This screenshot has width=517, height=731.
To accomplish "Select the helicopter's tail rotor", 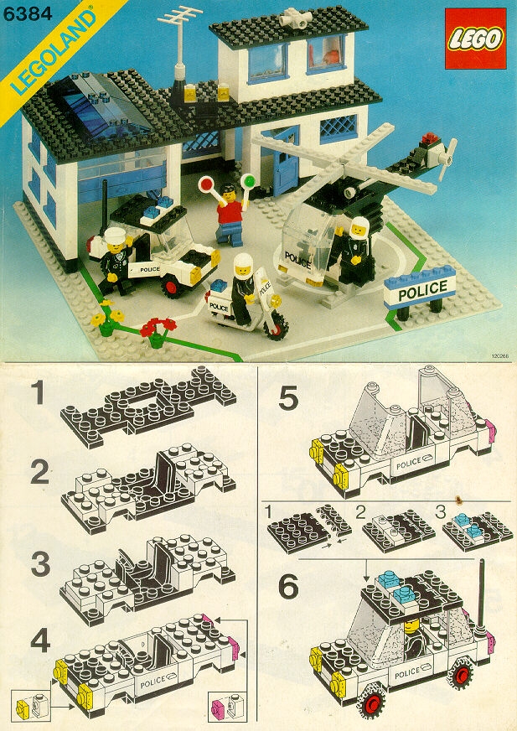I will click(x=440, y=155).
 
